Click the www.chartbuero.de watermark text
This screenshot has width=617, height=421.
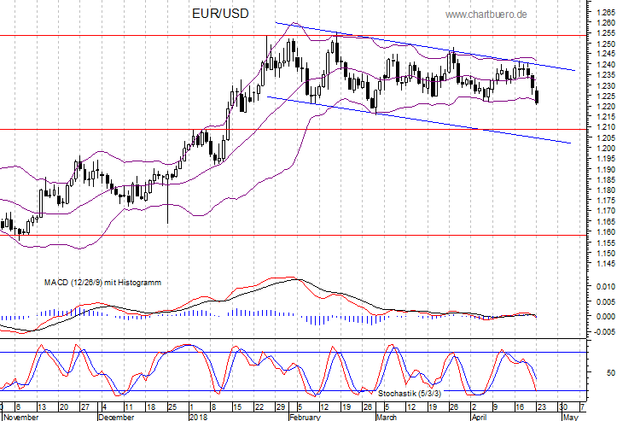(486, 15)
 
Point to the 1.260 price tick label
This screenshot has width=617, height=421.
(605, 22)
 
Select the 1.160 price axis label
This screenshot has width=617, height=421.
(605, 231)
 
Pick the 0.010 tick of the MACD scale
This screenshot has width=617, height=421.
(605, 286)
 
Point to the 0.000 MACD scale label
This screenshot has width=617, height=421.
(605, 316)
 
